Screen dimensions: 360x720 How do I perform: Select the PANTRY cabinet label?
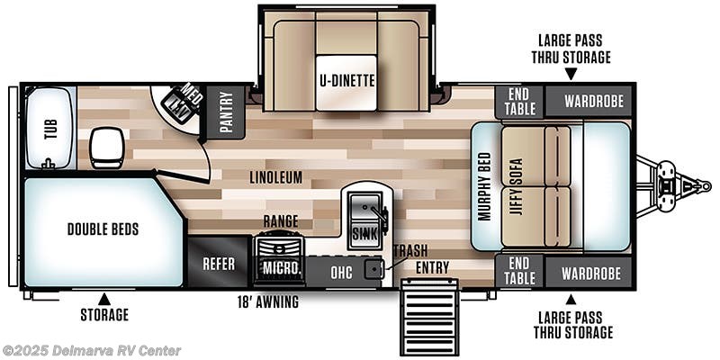tap(226, 112)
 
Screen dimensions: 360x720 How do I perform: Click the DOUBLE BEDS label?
tap(103, 229)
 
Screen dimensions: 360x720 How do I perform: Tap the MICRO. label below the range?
tap(279, 268)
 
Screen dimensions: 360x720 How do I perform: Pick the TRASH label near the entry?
tap(409, 251)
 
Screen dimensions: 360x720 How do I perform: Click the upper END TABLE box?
tap(519, 102)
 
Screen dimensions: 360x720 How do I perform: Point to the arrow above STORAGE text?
tap(103, 298)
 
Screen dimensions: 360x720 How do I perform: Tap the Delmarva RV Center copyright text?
tap(92, 350)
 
